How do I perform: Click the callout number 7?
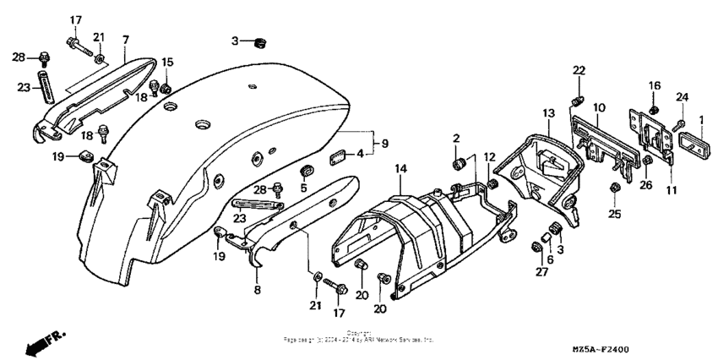click(125, 40)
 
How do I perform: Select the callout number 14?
click(401, 171)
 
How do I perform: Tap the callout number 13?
click(547, 113)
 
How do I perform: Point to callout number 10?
click(599, 108)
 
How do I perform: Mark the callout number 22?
click(579, 70)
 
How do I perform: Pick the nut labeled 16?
click(654, 111)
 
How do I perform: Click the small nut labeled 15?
click(167, 89)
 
